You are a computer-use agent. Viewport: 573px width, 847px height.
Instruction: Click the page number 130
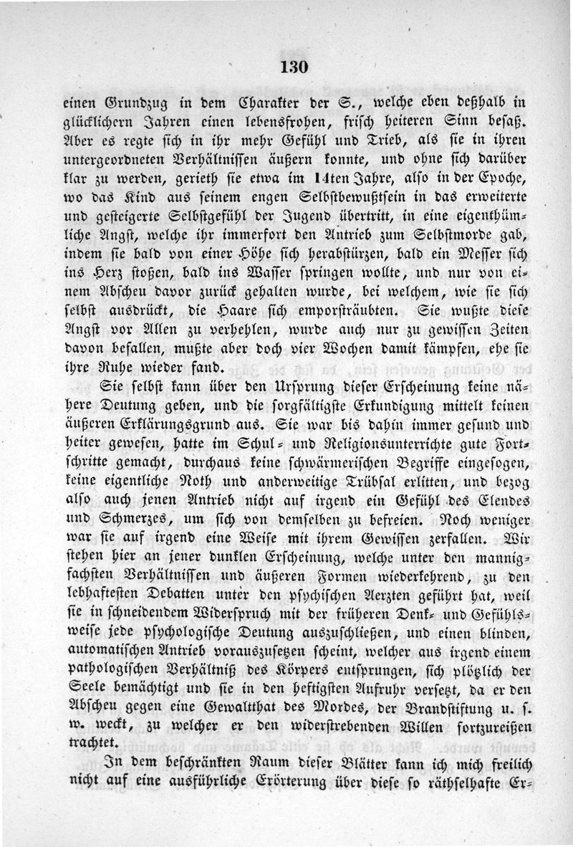tap(294, 68)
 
